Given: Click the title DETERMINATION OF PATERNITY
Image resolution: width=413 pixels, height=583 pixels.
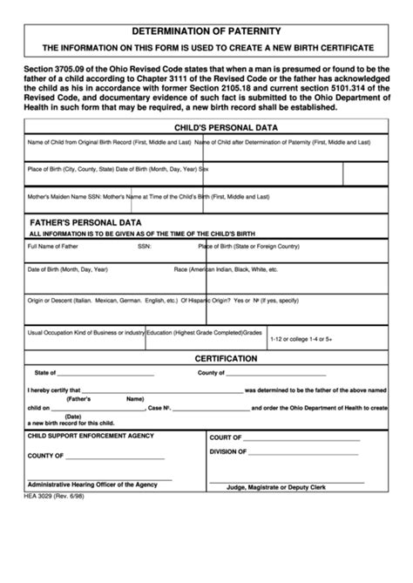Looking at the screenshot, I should (x=207, y=29).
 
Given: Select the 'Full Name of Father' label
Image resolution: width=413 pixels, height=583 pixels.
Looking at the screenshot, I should (x=53, y=247).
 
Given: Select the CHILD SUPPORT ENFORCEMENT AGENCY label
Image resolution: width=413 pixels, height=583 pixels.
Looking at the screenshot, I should (x=91, y=436).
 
